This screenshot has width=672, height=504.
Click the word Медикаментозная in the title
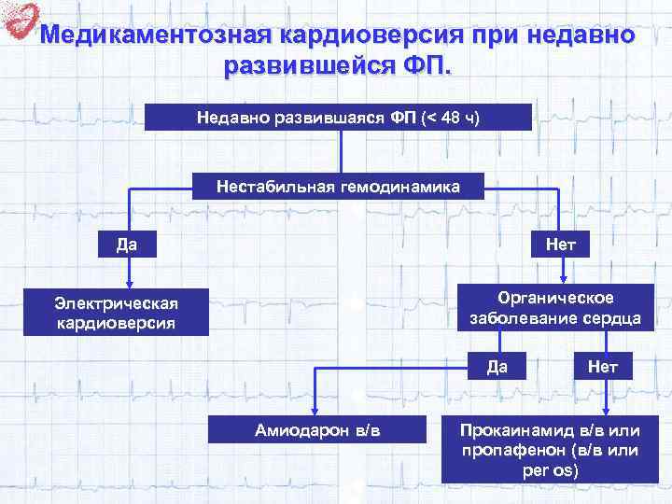tap(158, 35)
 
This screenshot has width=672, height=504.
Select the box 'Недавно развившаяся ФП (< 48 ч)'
tap(339, 118)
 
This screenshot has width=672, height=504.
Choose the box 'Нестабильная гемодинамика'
tap(339, 187)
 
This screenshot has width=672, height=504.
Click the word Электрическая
tap(116, 302)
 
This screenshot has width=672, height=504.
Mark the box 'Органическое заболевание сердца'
tap(556, 307)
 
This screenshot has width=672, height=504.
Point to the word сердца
tap(614, 317)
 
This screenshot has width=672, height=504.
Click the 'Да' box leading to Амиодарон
tap(497, 366)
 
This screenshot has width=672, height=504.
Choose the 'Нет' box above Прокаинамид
tap(607, 366)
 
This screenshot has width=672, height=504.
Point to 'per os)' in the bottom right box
tap(551, 469)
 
